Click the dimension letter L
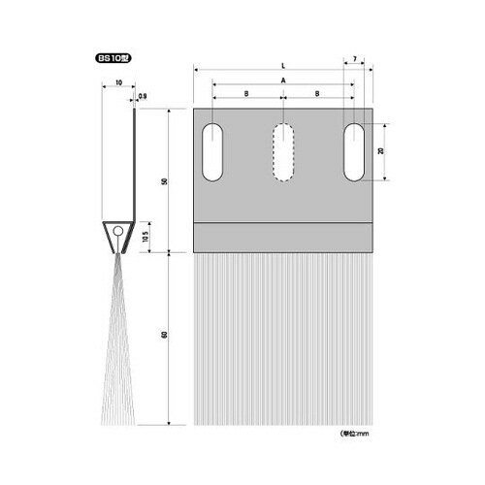click(x=282, y=66)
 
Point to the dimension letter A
click(x=282, y=80)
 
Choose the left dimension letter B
click(x=246, y=93)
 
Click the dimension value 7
click(x=355, y=60)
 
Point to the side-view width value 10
click(x=117, y=84)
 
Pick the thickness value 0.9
click(x=143, y=96)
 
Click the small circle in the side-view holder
click(x=116, y=233)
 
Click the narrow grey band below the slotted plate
click(x=283, y=236)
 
